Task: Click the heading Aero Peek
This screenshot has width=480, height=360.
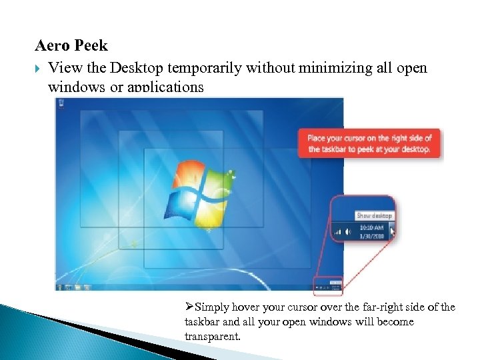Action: [71, 47]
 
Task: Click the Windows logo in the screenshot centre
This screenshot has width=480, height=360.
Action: [201, 193]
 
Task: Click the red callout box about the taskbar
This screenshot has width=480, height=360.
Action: [369, 143]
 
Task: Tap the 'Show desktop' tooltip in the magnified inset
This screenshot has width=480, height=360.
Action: [374, 215]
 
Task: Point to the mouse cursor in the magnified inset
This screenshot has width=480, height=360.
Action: [392, 231]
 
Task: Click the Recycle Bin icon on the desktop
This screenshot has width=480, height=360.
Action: [61, 104]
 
